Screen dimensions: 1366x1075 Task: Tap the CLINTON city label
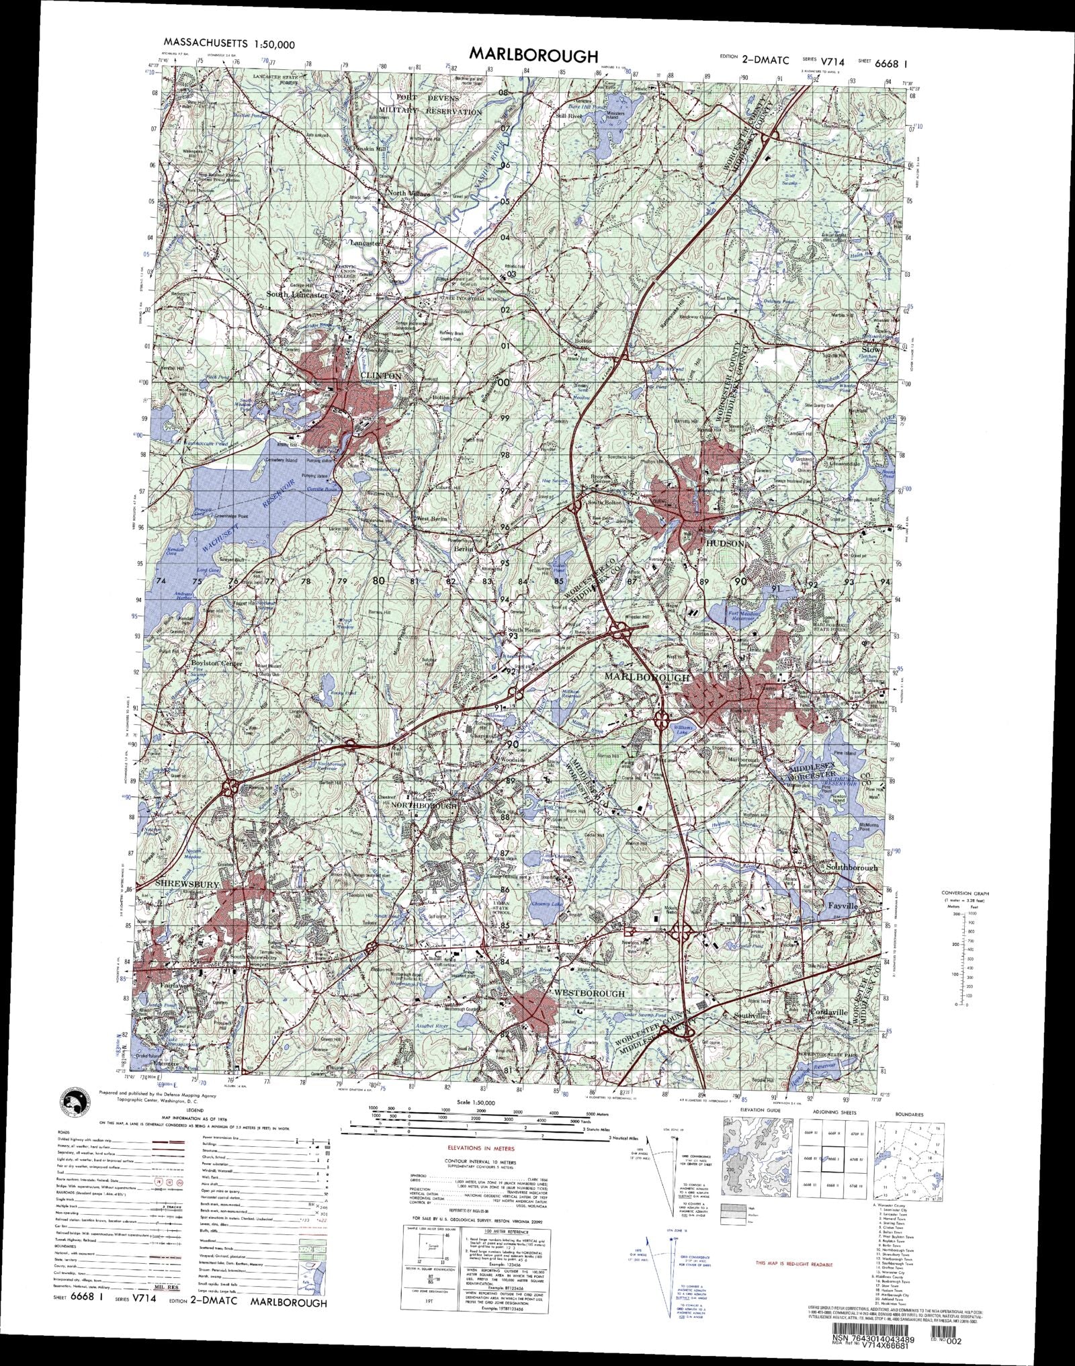tap(380, 376)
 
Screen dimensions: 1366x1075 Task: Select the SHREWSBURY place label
tap(187, 886)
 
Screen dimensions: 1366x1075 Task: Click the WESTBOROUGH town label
tap(589, 993)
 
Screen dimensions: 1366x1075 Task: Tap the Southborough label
tap(851, 867)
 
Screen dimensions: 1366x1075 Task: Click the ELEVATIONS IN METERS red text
tap(478, 1148)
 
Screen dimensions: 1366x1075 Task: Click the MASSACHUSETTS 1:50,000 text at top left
tap(229, 44)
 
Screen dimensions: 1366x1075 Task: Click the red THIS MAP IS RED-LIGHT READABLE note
tap(793, 1264)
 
